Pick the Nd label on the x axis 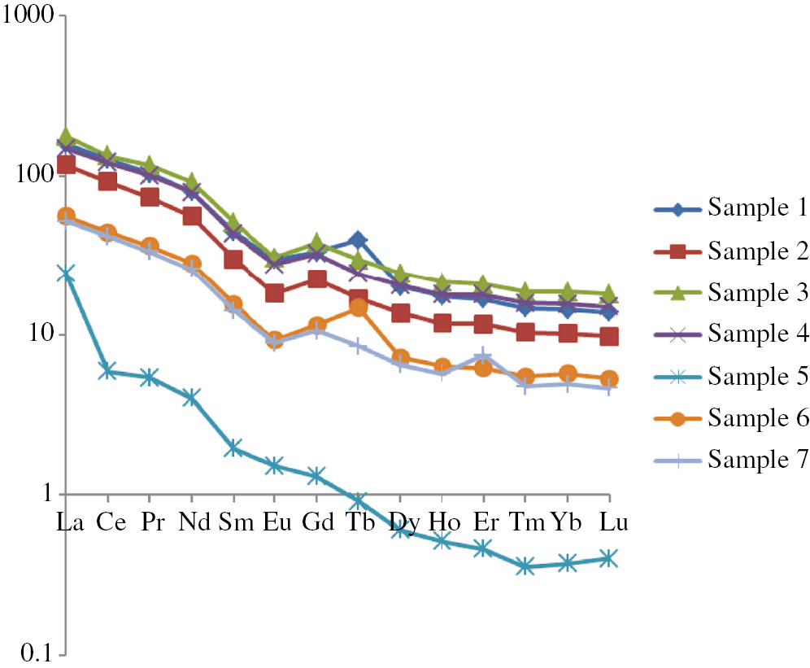(x=192, y=522)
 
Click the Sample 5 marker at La (x=66, y=275)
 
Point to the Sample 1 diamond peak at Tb (x=358, y=241)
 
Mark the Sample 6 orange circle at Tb (x=358, y=308)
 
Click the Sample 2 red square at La (x=66, y=165)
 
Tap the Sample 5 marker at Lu (x=608, y=558)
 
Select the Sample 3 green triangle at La (x=66, y=138)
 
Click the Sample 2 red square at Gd (x=316, y=280)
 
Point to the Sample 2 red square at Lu (x=608, y=336)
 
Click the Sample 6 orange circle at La (x=66, y=216)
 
